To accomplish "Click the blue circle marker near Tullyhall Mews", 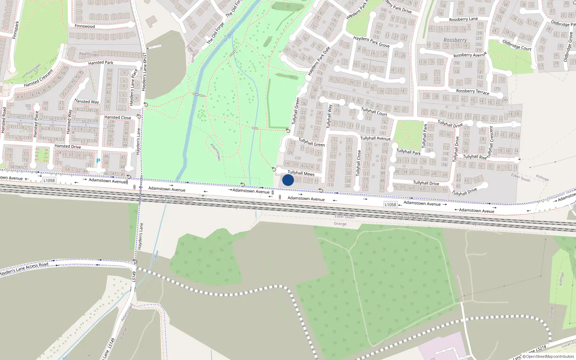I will tap(288, 180).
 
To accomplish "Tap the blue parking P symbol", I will tap(98, 161).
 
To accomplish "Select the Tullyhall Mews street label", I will tap(301, 173).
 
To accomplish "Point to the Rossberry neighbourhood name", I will tap(455, 40).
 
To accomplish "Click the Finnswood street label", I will tap(85, 26).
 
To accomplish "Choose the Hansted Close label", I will tap(117, 117).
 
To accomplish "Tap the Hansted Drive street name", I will tap(68, 147).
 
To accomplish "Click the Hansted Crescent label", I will tap(38, 78).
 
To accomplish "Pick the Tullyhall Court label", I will tap(374, 112).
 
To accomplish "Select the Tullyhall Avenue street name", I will tap(375, 138).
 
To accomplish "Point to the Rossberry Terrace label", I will tap(472, 91).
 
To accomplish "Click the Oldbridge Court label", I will tap(517, 45).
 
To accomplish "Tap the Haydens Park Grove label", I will tap(371, 41).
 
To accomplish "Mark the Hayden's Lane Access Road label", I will tap(24, 269).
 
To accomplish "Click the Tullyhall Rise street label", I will tap(474, 157).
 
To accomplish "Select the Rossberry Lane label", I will tap(463, 19).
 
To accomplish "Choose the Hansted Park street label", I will tap(100, 63).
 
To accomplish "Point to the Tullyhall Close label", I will tap(358, 163).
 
